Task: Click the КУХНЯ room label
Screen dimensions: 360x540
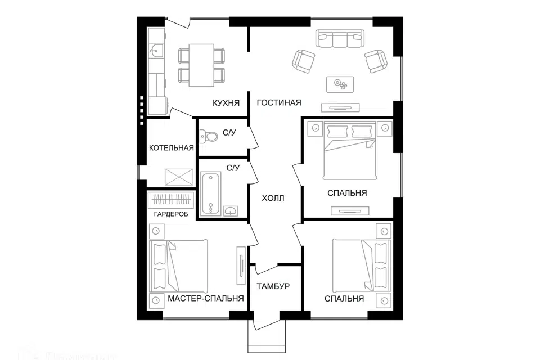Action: coord(226,103)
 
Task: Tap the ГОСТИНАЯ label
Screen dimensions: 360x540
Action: coord(279,103)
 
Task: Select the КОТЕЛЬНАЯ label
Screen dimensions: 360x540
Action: coord(171,148)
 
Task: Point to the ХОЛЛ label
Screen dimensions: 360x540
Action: coord(273,198)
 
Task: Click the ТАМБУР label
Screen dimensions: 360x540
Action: coord(273,286)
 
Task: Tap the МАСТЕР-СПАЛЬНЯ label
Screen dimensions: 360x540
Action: coord(205,299)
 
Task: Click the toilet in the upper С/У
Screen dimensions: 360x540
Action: coord(210,137)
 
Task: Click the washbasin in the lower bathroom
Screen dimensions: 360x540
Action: coord(231,211)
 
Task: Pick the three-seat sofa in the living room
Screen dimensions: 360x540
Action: coord(339,39)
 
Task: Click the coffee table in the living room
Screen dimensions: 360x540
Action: coord(341,84)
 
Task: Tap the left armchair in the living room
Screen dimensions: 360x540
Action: coord(303,61)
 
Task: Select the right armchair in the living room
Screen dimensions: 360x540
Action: coord(375,61)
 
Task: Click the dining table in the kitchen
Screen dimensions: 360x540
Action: coord(201,65)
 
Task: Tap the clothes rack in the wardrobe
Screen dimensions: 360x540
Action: coord(172,200)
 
